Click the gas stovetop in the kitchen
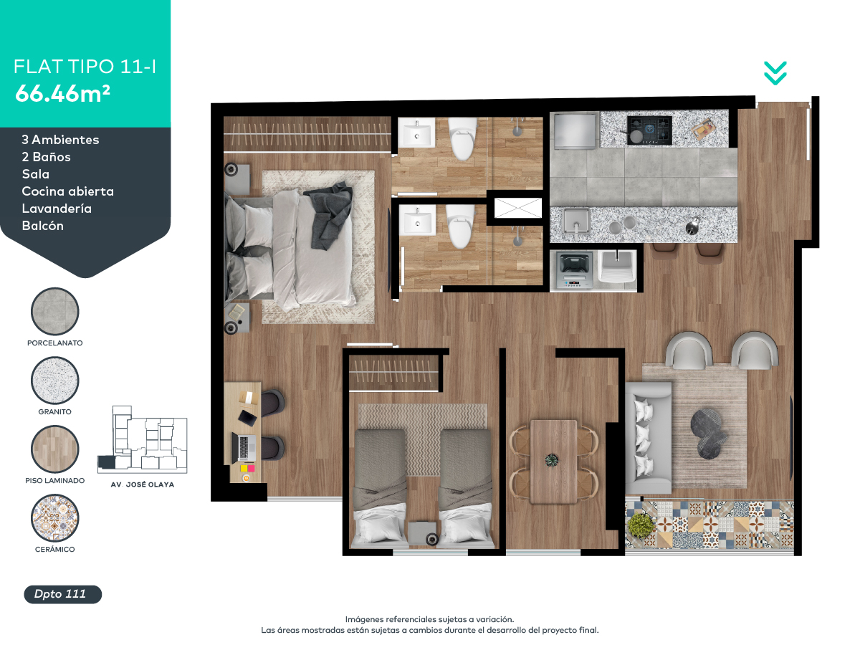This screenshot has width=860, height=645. [649, 130]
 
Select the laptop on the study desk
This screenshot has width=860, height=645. [244, 448]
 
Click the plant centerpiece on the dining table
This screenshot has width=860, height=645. [552, 460]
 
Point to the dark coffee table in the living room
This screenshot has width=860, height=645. [708, 434]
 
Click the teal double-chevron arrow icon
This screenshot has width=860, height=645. [775, 73]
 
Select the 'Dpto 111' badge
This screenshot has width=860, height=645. [62, 594]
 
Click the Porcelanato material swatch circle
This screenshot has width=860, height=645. [55, 311]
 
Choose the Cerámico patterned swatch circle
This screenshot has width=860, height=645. [55, 517]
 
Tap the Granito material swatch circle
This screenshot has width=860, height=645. [55, 380]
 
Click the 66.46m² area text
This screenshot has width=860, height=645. [62, 93]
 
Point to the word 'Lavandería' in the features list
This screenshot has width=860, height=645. [57, 209]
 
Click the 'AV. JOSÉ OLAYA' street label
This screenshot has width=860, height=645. [142, 484]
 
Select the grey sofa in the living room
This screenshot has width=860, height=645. [648, 438]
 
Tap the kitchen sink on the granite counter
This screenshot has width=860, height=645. [576, 221]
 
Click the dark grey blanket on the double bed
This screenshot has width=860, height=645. [329, 214]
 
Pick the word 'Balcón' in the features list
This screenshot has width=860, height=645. [43, 226]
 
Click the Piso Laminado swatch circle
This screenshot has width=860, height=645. [55, 449]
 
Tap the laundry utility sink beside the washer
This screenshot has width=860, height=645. [617, 267]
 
